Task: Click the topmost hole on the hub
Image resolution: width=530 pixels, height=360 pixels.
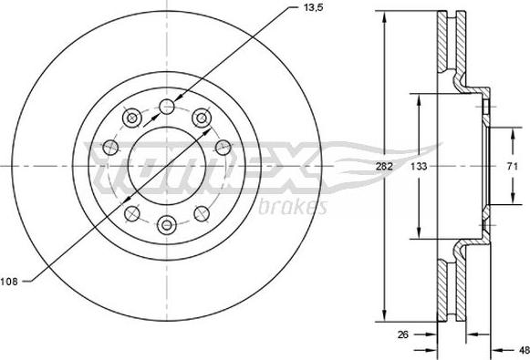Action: tap(166, 108)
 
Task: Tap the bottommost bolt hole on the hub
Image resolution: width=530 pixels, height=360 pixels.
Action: tap(166, 223)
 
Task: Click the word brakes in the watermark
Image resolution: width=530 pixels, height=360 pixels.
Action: tap(295, 206)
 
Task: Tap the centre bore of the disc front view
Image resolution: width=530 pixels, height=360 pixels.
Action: tap(166, 167)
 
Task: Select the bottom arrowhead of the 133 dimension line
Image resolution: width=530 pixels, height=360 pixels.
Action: tap(419, 235)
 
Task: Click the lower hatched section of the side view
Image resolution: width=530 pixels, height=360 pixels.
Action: tap(445, 287)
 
